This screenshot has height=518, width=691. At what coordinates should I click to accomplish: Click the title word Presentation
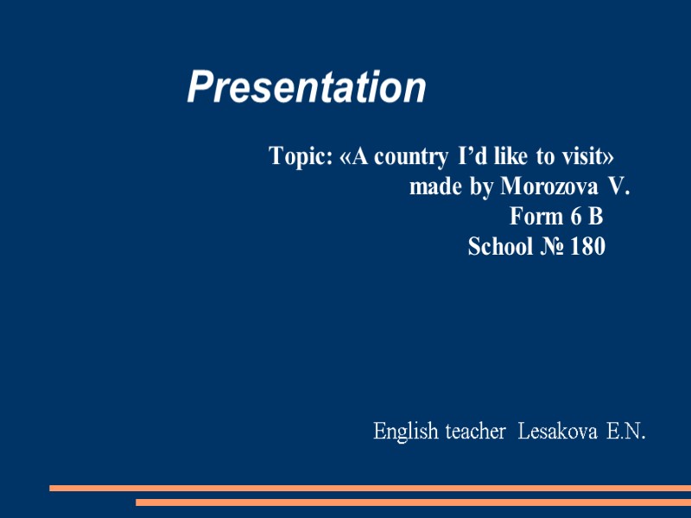pos(307,87)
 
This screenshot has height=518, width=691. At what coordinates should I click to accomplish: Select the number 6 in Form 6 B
pos(574,217)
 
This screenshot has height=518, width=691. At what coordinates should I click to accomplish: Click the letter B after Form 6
pos(595,217)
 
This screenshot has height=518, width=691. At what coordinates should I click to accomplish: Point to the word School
pos(500,247)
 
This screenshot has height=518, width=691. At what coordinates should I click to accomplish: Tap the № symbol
pos(553,247)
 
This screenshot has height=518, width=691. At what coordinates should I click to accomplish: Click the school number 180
pos(588,247)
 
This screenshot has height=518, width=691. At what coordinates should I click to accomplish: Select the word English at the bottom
pos(406,431)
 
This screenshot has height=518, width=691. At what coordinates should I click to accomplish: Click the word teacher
pos(474,431)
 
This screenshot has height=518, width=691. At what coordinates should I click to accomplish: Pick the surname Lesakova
pos(557,431)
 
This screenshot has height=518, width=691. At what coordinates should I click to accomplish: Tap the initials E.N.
pos(626,431)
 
